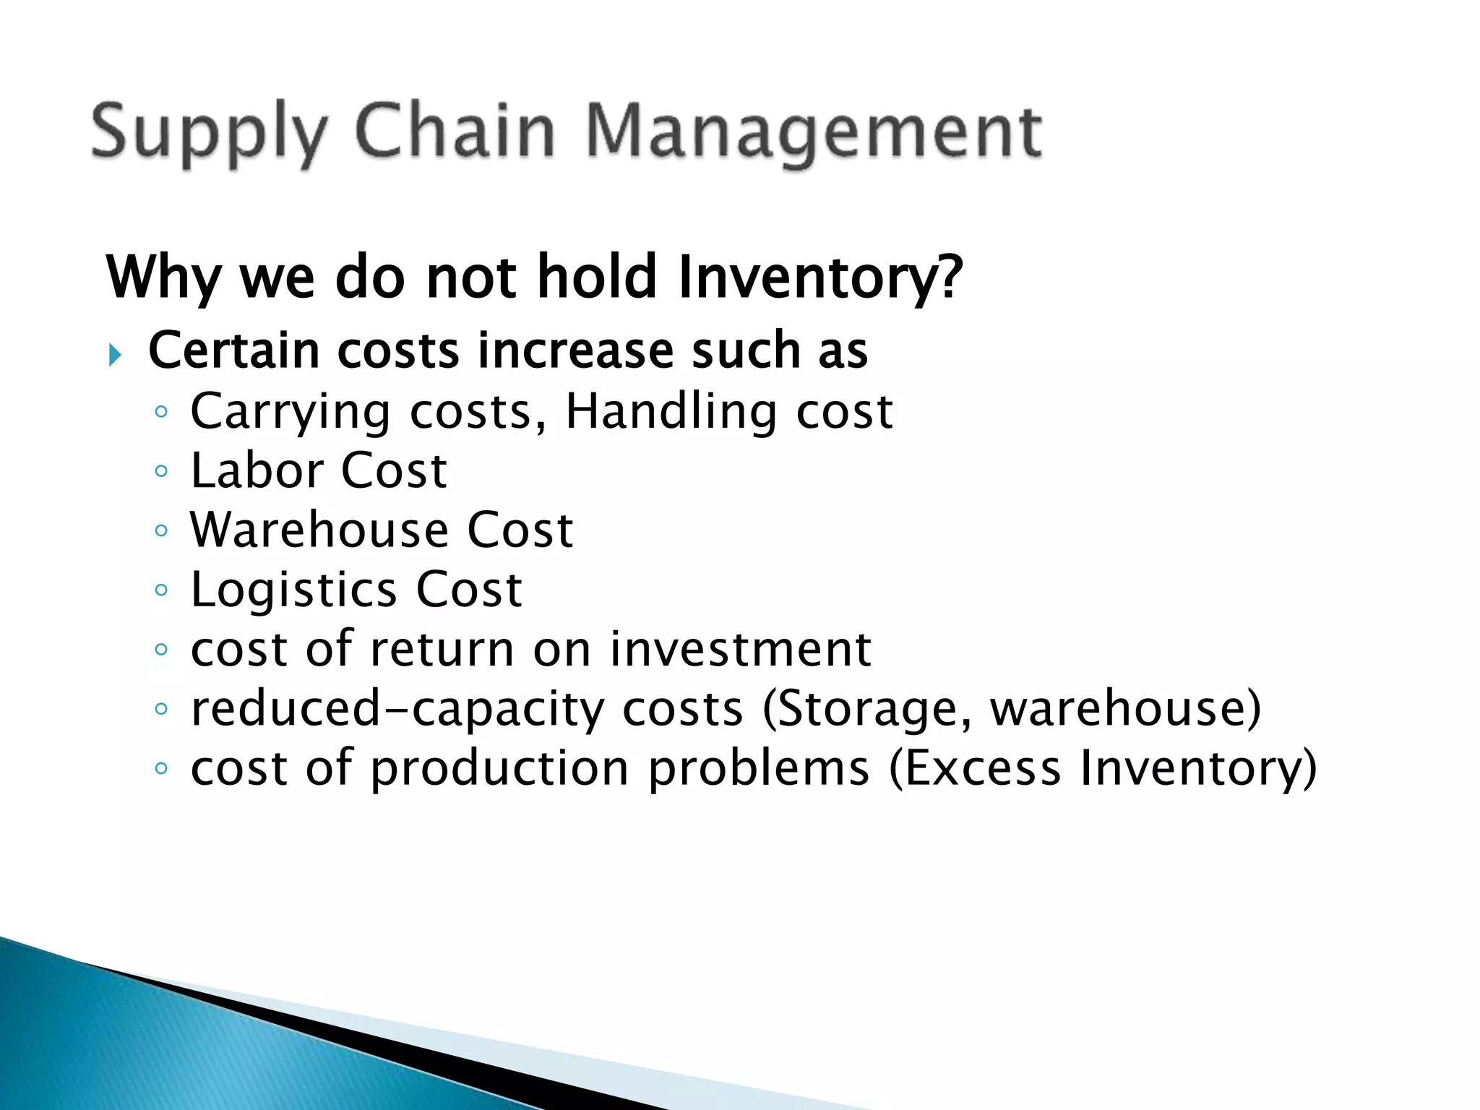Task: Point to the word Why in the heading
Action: click(163, 277)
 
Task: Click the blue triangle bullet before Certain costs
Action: click(115, 355)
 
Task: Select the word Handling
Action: click(671, 411)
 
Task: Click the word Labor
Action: click(257, 471)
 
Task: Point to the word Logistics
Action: click(293, 591)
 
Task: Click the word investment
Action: click(741, 649)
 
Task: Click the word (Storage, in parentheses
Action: click(867, 710)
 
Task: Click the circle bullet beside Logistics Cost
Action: click(161, 590)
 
